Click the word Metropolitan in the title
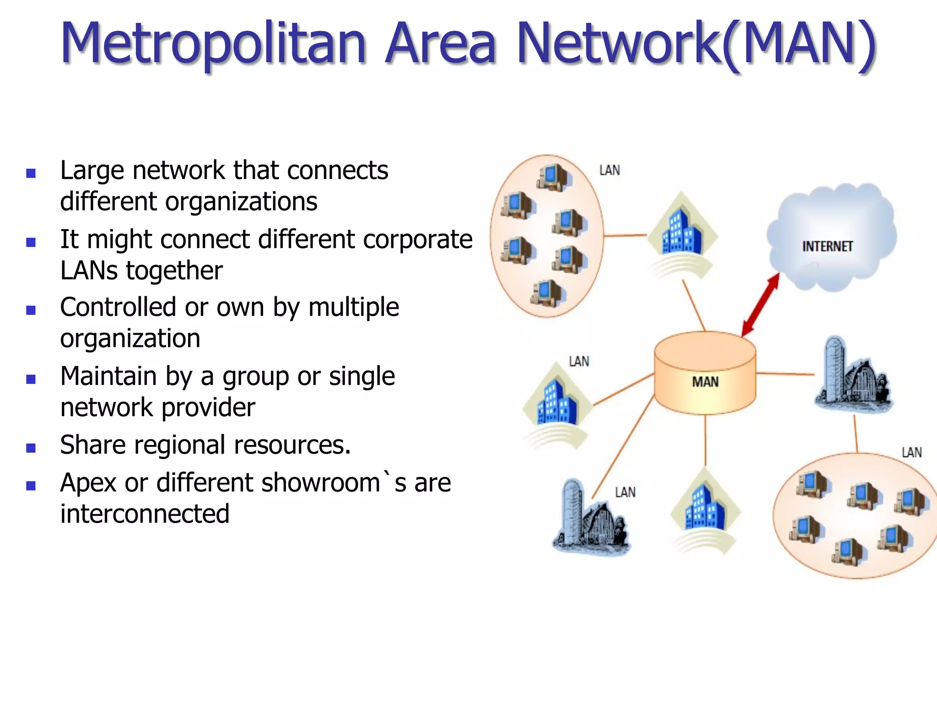(x=213, y=43)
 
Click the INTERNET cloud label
(x=827, y=247)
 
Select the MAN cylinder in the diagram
(x=705, y=373)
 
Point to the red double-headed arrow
(x=760, y=305)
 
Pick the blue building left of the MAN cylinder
(x=556, y=403)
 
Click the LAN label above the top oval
(x=609, y=171)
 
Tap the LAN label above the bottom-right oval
(x=911, y=453)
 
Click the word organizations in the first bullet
(x=241, y=202)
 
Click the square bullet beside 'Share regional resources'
(x=31, y=448)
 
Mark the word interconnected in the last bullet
(x=145, y=514)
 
